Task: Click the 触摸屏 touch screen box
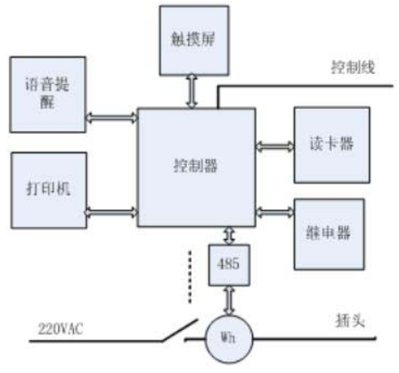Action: coord(194,40)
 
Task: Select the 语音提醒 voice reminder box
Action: coord(48,95)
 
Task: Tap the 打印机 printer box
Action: coord(49,190)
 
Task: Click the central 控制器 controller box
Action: coord(196,168)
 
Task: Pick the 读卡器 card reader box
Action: coord(332,145)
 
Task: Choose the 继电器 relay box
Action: coord(330,235)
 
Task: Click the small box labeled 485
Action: coord(229,265)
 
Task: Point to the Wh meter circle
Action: coord(229,338)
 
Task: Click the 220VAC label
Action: coord(61,329)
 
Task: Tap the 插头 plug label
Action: coord(350,320)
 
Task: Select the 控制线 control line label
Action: coord(353,67)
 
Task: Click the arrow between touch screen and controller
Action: coord(192,91)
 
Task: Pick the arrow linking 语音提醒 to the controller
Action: coord(111,118)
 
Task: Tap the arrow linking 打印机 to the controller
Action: coord(111,212)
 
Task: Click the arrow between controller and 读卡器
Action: coord(275,146)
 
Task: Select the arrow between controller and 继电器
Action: coord(275,212)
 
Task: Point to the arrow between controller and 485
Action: coord(229,236)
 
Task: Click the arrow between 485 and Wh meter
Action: coord(229,301)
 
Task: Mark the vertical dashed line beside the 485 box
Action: coord(190,277)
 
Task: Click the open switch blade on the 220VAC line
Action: coord(180,330)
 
